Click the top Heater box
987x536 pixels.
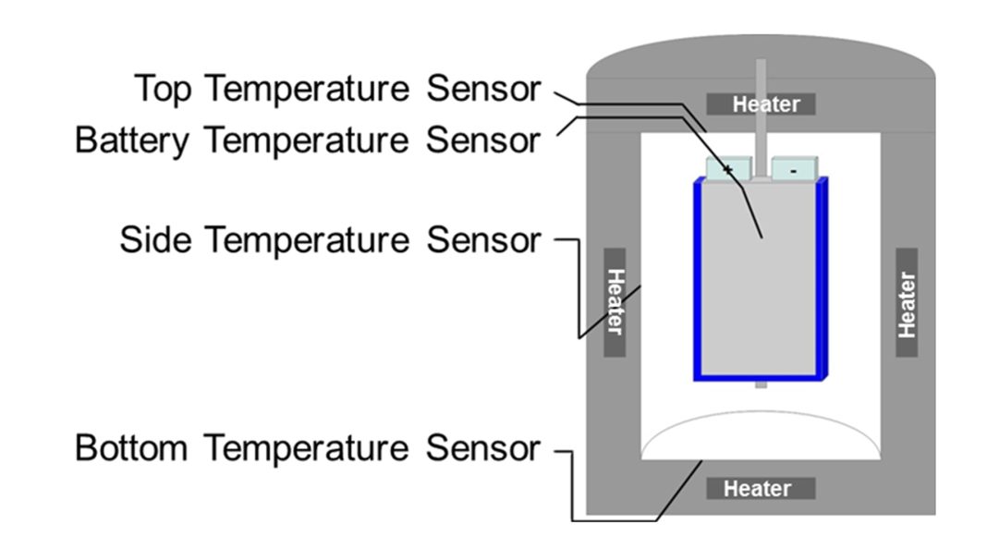[761, 104]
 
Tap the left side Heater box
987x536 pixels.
[615, 301]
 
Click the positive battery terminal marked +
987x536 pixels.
[728, 169]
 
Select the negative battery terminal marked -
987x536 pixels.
[794, 169]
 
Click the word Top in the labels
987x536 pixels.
[164, 90]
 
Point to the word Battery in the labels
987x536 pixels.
[131, 141]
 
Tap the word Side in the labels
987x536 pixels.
[154, 239]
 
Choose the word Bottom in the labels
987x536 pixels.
[132, 448]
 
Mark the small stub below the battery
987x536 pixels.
[761, 384]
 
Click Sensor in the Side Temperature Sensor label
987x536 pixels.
[483, 239]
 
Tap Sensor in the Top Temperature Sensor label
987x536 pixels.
[483, 90]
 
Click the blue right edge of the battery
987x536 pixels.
[822, 277]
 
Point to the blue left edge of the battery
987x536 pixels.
[699, 277]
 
